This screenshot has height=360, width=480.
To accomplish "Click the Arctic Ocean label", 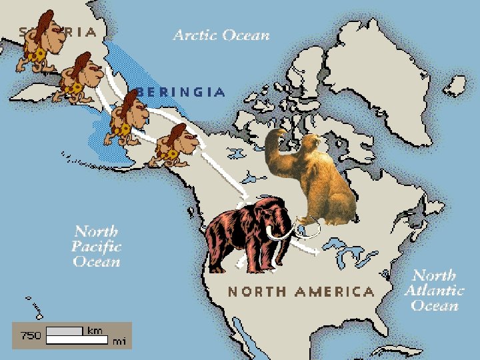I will point(221,35).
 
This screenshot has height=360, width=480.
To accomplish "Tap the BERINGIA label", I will point(180,93).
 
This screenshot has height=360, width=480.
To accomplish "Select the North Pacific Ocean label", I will point(97,246).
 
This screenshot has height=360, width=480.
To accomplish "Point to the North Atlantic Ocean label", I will point(435,291).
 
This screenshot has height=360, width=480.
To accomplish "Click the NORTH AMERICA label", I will point(301,291).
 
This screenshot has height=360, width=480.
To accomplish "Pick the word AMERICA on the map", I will point(335,291).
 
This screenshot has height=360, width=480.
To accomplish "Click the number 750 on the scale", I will point(31,335).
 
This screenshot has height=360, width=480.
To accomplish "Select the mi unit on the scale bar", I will point(119,341).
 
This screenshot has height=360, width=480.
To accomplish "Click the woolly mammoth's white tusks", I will point(283,233).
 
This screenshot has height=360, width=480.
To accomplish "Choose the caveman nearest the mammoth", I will point(175,145).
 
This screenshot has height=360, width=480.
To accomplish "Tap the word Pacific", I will point(97,246).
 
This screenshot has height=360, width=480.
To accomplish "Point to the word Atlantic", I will point(435,291).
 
